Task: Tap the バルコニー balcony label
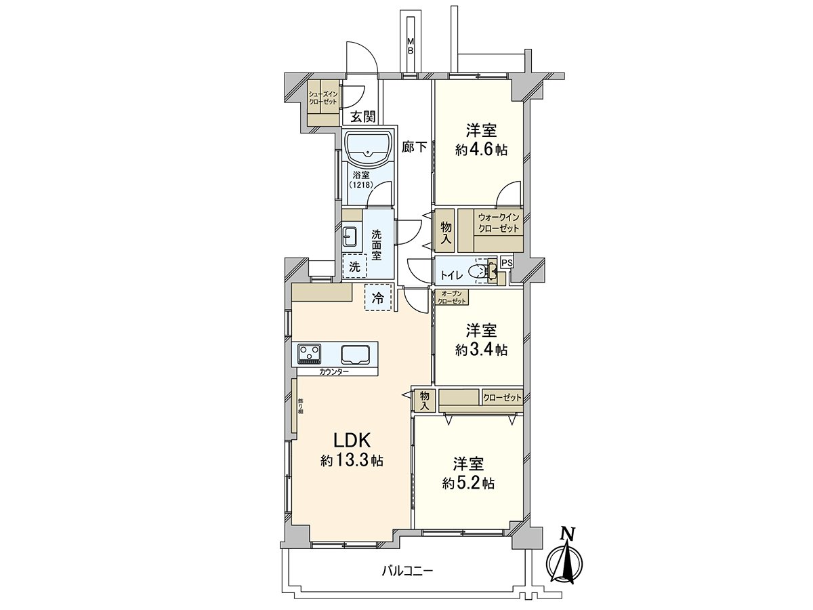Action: point(406,571)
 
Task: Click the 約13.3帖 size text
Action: point(352,461)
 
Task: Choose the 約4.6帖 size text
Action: point(481,150)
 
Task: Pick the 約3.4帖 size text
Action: point(481,350)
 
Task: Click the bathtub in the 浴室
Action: point(368,145)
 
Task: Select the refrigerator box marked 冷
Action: point(379,297)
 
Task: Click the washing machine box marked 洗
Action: point(355,266)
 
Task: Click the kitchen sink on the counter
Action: point(356,354)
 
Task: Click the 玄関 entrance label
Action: point(363,117)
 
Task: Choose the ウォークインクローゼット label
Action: point(499,222)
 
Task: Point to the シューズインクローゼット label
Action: point(322,96)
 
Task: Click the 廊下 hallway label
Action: point(415,146)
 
